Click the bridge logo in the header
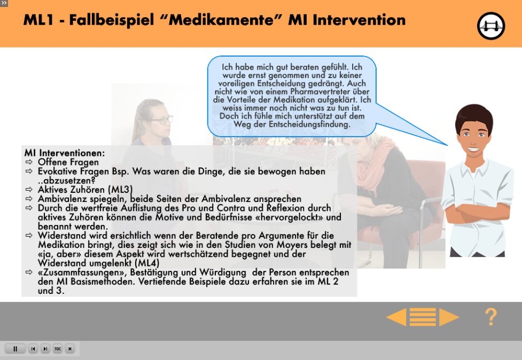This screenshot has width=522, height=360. click(x=490, y=26)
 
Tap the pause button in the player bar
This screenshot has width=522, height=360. click(x=15, y=349)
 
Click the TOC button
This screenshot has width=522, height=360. click(x=58, y=349)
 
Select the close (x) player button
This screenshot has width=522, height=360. click(x=70, y=349)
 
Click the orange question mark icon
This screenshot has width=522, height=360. click(x=490, y=317)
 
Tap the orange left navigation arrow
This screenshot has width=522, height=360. click(x=396, y=317)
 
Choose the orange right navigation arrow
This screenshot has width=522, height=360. click(x=449, y=317)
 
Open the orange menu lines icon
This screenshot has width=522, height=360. click(x=423, y=317)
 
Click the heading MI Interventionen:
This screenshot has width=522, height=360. click(x=65, y=153)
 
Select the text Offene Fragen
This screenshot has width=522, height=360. click(x=68, y=162)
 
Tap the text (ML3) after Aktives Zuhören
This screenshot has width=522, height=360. click(x=121, y=190)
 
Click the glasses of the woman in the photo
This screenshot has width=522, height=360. click(x=161, y=120)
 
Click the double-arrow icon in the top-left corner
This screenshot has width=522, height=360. click(x=4, y=3)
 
